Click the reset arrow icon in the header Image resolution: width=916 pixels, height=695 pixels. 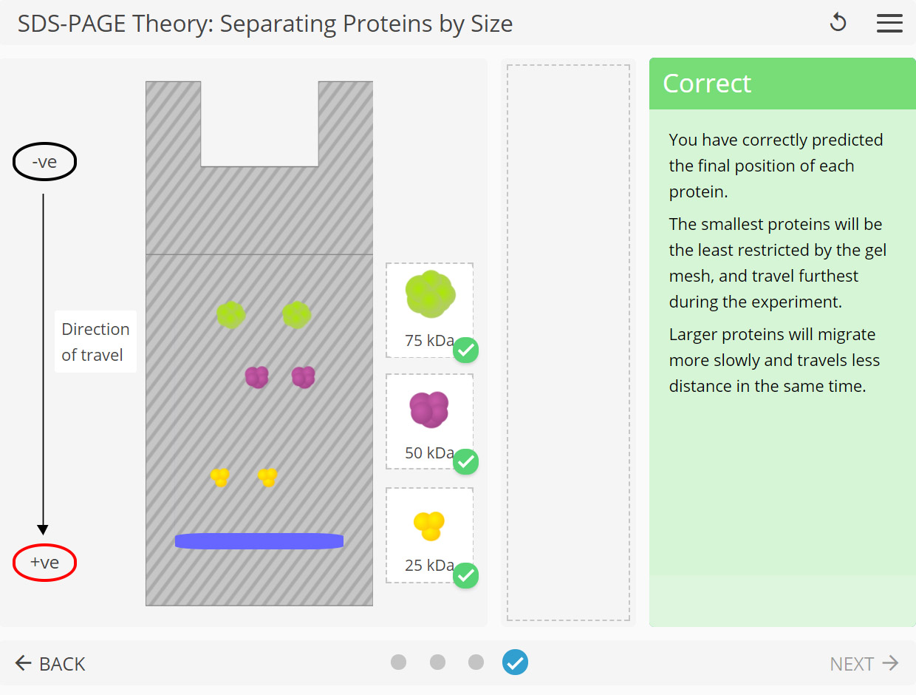[x=838, y=23]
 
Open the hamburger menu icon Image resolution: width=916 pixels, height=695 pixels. [x=889, y=23]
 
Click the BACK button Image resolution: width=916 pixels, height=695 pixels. [x=50, y=663]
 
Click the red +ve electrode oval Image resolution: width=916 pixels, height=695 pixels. [x=44, y=563]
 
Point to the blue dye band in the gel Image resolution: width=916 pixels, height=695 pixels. [x=259, y=541]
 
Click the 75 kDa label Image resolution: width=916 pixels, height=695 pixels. [x=428, y=341]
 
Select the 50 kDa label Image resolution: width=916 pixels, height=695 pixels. [x=428, y=453]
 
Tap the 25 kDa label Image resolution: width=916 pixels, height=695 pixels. [x=428, y=566]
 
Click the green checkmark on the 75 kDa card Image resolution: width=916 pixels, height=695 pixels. [x=465, y=350]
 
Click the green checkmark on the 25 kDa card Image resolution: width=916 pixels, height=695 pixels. [x=465, y=575]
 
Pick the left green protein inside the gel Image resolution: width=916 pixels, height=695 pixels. [x=230, y=315]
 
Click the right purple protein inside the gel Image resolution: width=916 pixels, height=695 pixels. [x=303, y=377]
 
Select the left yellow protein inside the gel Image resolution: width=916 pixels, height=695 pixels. [x=219, y=477]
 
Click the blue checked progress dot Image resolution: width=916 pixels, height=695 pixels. [x=515, y=662]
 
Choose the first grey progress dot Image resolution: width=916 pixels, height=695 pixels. [x=399, y=662]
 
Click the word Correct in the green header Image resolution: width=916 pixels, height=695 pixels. [x=707, y=84]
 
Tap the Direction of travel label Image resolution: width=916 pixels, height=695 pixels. [x=95, y=342]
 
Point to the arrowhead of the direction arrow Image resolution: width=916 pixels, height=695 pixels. [x=43, y=529]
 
